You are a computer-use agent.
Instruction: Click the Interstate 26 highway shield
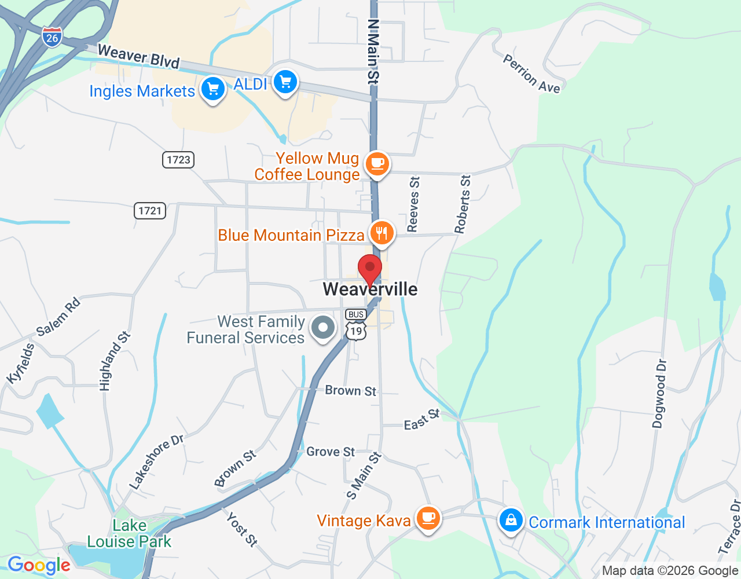tap(52, 37)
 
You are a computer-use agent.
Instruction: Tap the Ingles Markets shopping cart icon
tap(213, 89)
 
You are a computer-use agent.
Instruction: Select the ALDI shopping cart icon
tap(285, 82)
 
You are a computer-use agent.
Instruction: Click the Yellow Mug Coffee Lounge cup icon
tap(377, 164)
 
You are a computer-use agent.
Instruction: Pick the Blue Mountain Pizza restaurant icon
tap(381, 233)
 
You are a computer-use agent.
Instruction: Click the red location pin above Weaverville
tap(370, 269)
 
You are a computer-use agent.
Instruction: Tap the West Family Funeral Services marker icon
tap(323, 328)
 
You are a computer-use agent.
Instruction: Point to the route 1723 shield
tap(178, 160)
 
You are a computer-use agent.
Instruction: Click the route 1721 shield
tap(150, 211)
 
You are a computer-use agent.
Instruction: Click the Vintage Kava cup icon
tap(428, 518)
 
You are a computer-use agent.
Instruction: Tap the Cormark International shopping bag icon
tap(511, 520)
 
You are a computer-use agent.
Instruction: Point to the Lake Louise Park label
tap(129, 533)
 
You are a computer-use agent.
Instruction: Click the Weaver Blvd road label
tap(139, 56)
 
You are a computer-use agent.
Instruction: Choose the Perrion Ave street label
tap(531, 74)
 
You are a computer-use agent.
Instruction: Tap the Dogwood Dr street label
tap(659, 394)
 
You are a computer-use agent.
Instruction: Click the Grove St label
tap(331, 452)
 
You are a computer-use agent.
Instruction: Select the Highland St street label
tap(115, 361)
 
